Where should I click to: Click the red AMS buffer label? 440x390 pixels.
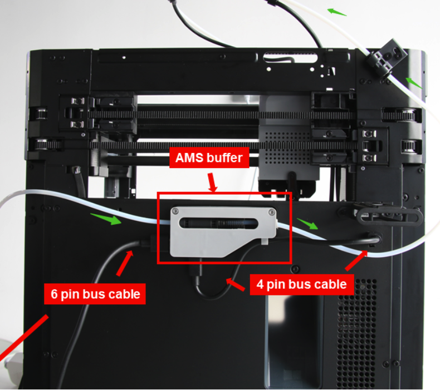click(209, 157)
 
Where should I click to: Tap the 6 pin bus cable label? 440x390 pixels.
click(95, 294)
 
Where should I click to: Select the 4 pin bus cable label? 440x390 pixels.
click(301, 284)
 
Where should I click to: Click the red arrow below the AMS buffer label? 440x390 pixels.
click(212, 182)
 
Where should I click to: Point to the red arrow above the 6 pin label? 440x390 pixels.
click(125, 263)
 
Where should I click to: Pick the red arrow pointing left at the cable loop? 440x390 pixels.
click(235, 284)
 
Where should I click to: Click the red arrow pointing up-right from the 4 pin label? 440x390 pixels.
click(356, 261)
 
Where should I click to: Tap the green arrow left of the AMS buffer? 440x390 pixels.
click(106, 219)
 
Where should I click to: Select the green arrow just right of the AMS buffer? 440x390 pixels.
click(307, 224)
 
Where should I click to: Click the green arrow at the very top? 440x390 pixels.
click(337, 12)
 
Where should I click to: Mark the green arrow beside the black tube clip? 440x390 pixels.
click(414, 83)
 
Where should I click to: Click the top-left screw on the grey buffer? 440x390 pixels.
click(175, 211)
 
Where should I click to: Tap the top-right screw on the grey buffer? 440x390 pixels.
click(271, 212)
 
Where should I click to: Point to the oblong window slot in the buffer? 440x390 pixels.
click(218, 224)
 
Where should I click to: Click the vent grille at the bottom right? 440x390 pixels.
click(356, 334)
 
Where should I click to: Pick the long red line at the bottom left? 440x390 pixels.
click(24, 337)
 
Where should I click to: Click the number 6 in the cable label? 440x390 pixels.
click(54, 294)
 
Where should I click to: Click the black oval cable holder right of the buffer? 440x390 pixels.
click(389, 216)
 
